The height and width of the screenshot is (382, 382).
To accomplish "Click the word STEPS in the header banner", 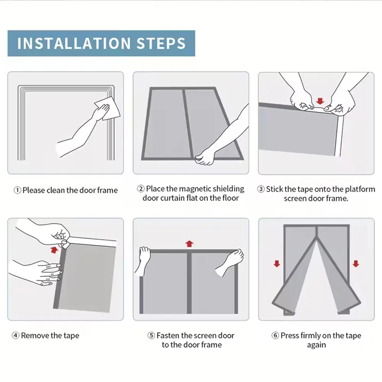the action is (161, 44).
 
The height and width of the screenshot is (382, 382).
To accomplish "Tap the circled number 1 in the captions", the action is (17, 190).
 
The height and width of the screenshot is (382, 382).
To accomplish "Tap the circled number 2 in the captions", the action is (141, 189).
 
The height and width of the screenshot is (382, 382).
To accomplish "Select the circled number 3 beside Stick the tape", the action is (261, 189).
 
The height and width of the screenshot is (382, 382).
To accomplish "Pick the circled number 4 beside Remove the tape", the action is (16, 335).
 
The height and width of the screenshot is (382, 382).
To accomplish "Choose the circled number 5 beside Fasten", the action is (151, 335).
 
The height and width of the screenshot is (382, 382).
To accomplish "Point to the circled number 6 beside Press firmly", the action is (275, 335).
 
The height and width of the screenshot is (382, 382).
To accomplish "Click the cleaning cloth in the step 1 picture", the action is (108, 108).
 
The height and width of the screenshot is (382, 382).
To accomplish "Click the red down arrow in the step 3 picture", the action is (320, 101).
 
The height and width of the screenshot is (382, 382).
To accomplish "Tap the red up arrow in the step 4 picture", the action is (54, 250).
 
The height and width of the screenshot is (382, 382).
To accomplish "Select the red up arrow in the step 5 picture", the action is (189, 244).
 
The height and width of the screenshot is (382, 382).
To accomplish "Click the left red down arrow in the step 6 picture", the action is (277, 264).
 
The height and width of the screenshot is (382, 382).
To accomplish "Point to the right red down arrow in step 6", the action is (356, 264).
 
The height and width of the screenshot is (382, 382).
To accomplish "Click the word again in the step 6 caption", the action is (316, 345).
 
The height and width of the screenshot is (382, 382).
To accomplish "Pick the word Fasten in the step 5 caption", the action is (168, 335).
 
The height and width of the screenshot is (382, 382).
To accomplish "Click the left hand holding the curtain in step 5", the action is (144, 261).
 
